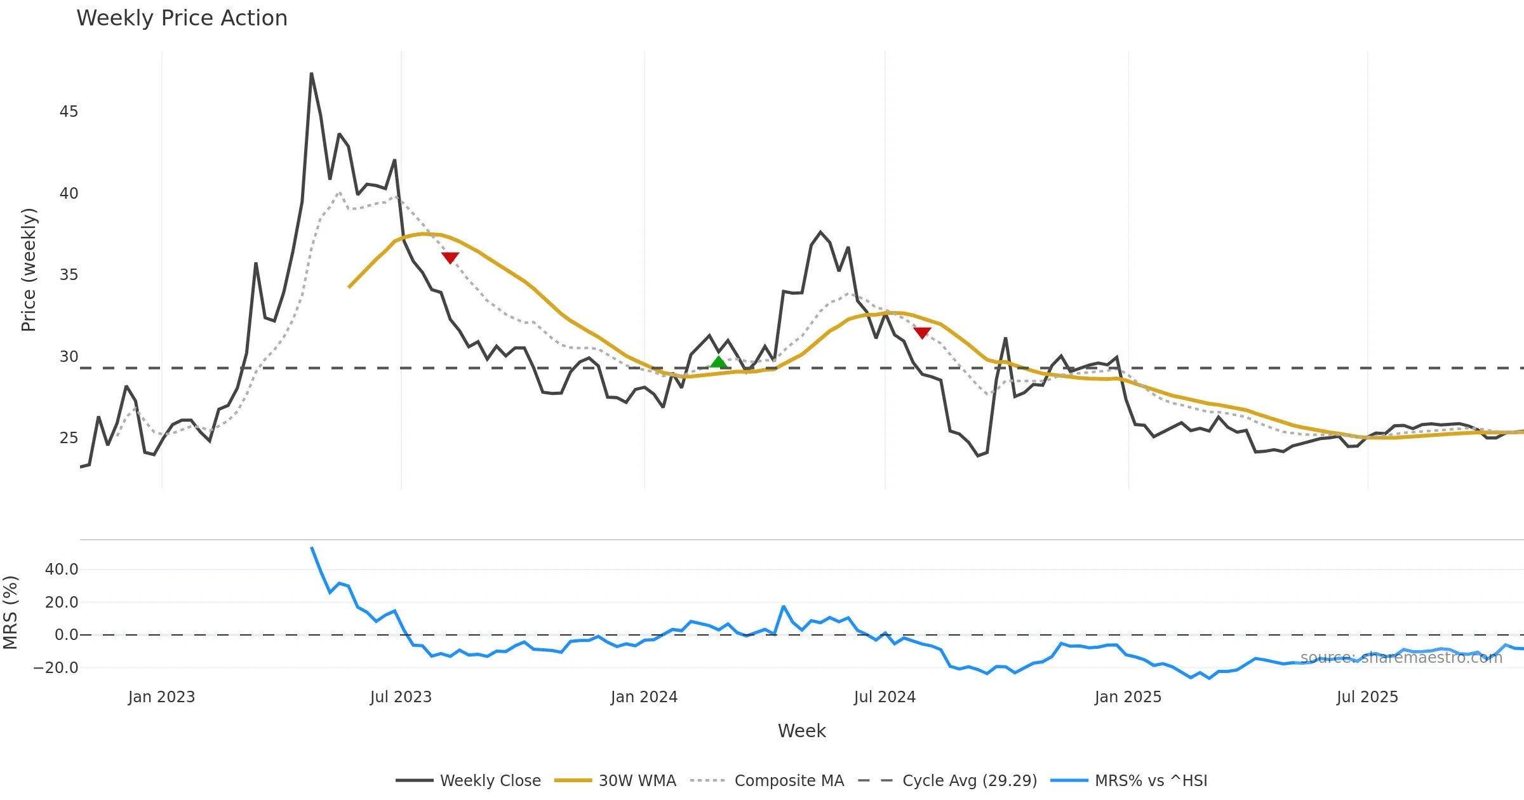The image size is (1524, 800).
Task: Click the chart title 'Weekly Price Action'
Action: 182,18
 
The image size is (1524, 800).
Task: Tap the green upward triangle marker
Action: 718,362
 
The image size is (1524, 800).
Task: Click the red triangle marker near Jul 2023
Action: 450,257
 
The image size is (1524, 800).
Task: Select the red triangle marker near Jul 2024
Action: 922,332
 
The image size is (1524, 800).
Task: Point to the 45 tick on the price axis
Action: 69,112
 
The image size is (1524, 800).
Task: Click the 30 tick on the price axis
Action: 69,357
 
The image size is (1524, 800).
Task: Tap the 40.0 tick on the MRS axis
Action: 62,570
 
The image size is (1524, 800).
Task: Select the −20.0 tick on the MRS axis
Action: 56,668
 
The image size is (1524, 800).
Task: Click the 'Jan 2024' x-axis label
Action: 644,697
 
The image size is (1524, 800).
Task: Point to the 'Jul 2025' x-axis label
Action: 1367,697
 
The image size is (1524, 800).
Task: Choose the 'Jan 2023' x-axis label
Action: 161,697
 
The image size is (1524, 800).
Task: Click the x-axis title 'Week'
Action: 801,731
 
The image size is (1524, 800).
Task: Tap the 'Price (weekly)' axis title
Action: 29,270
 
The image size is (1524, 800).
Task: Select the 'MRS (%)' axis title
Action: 11,613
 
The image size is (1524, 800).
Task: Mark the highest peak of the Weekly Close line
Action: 311,74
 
